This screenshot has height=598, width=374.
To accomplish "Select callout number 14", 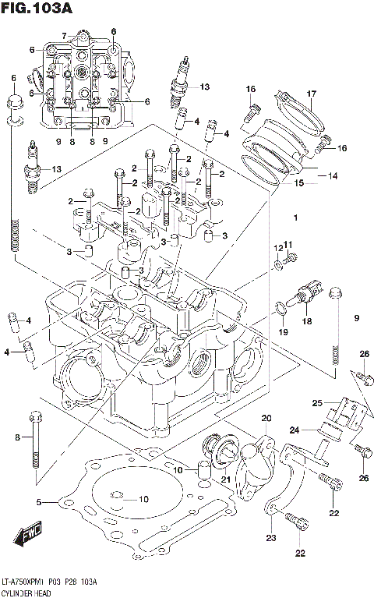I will [333, 176].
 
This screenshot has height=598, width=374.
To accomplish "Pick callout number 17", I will [310, 95].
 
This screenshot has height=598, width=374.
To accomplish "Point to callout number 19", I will [284, 333].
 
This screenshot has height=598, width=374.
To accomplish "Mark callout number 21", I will [226, 479].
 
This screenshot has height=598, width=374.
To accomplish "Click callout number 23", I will [272, 538].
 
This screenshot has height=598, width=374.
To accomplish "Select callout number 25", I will [317, 403].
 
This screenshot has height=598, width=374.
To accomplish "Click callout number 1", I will [295, 216].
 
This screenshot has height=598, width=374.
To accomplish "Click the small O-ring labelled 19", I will [279, 313].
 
